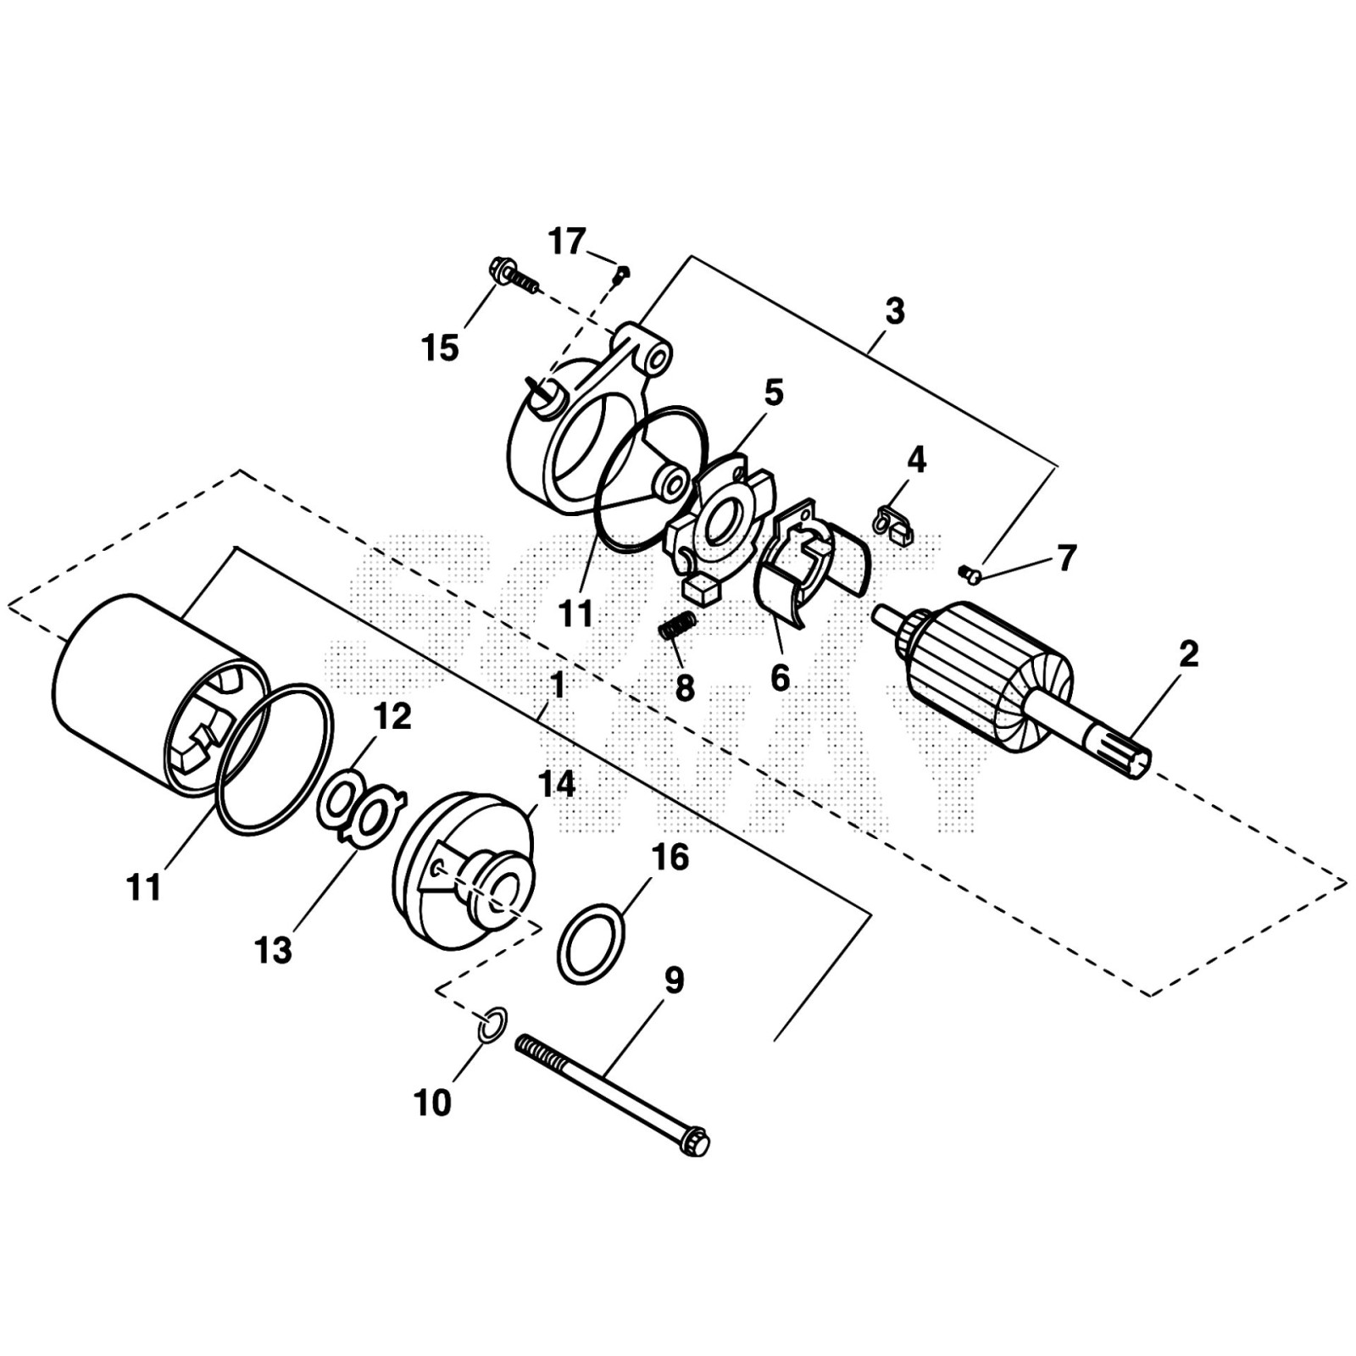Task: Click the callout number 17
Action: point(567,242)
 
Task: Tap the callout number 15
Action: point(441,347)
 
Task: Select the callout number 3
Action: point(895,311)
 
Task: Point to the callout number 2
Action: point(1189,653)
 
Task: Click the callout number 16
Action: point(670,858)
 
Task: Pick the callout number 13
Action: point(273,950)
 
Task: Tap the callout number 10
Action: point(433,1103)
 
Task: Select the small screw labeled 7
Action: point(970,575)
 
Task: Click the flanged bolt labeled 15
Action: point(511,276)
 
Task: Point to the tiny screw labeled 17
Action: point(623,273)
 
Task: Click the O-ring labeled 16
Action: point(592,943)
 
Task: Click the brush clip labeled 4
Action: point(894,523)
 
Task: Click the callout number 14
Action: point(556,784)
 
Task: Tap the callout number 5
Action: point(773,393)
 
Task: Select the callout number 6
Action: point(779,678)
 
